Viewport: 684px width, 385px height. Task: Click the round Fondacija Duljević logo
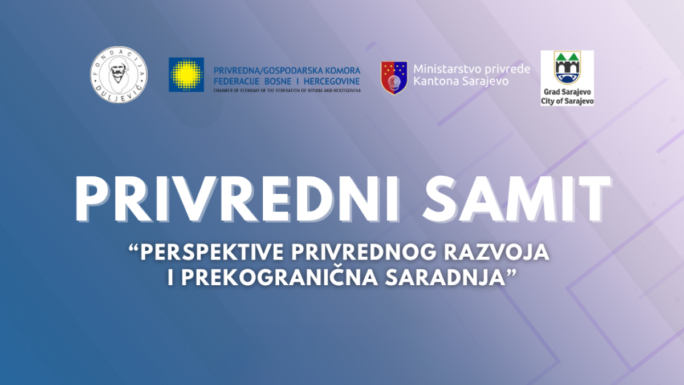119,75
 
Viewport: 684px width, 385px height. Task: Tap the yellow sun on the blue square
186,75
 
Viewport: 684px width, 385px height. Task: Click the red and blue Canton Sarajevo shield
394,78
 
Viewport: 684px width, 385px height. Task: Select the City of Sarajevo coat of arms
568,68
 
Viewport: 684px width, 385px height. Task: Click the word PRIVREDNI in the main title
238,199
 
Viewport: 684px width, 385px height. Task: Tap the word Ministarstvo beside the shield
447,69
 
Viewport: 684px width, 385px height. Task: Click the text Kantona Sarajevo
461,81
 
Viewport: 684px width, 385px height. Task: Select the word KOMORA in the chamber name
343,71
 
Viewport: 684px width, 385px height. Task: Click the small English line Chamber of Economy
287,91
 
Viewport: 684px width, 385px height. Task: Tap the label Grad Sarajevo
567,92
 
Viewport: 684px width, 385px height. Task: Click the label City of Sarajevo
567,101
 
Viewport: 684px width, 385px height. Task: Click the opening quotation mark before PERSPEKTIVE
133,248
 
